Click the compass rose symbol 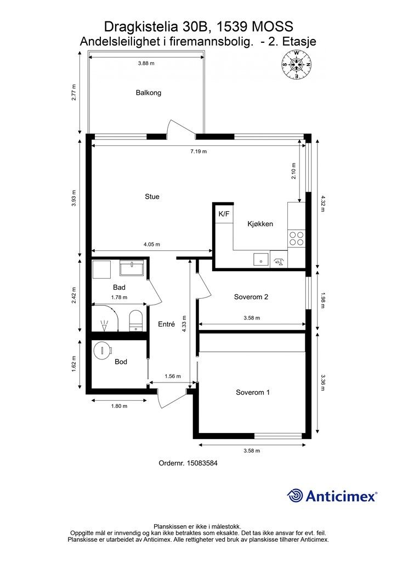click(297, 65)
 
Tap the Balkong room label click(148, 93)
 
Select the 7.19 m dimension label click(198, 151)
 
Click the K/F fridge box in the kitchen click(224, 214)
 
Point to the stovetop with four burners click(297, 239)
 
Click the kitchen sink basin click(261, 259)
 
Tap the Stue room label click(152, 196)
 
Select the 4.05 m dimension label click(151, 244)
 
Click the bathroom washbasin click(132, 268)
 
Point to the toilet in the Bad click(135, 321)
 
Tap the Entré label click(167, 324)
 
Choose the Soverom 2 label click(251, 297)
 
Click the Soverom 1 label click(253, 392)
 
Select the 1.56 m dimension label click(173, 376)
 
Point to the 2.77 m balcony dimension click(73, 92)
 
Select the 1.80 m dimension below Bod click(119, 406)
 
